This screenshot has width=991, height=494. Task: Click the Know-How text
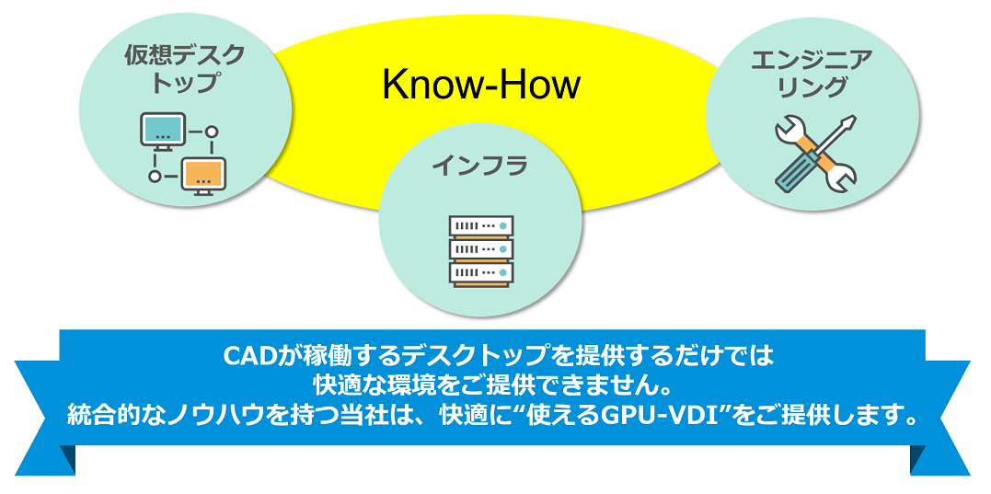click(481, 86)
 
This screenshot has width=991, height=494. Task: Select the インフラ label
click(479, 167)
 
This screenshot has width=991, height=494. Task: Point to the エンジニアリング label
click(812, 74)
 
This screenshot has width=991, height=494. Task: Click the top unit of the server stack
click(481, 225)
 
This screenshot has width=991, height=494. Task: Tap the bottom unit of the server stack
click(481, 273)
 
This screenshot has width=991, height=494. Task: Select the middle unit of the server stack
click(481, 249)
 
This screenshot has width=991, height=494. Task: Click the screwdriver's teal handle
click(792, 173)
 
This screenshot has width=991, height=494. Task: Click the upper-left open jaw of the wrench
click(786, 130)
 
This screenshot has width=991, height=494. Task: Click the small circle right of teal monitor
click(213, 132)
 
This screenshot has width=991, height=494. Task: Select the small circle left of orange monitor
click(155, 177)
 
